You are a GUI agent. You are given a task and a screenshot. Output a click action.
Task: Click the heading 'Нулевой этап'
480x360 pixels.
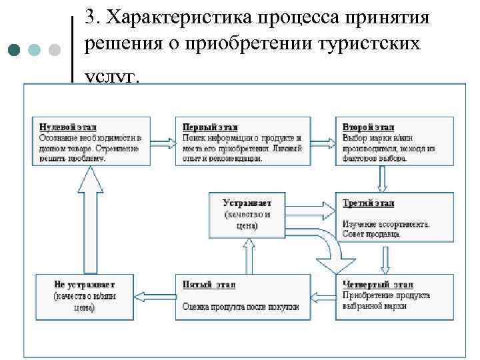pos(60,126)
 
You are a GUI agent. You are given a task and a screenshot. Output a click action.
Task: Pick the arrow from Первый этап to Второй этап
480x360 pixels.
pos(323,141)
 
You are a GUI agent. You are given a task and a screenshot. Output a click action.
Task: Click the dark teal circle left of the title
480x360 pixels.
pos(15,50)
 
